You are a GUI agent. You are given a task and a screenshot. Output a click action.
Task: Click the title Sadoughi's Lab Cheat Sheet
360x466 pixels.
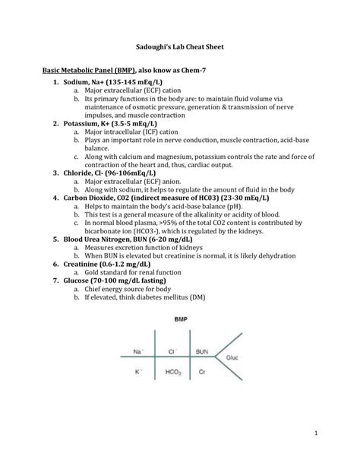179,46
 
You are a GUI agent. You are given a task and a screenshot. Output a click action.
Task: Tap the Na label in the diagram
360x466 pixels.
138,352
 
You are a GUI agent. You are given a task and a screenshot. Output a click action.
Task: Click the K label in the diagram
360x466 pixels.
137,372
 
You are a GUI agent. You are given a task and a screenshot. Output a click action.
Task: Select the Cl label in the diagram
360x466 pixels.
173,352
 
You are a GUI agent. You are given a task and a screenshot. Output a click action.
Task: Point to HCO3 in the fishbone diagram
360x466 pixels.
172,372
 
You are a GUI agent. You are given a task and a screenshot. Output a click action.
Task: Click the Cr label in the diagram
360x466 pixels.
201,372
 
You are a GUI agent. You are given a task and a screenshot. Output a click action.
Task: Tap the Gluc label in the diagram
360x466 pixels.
233,356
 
